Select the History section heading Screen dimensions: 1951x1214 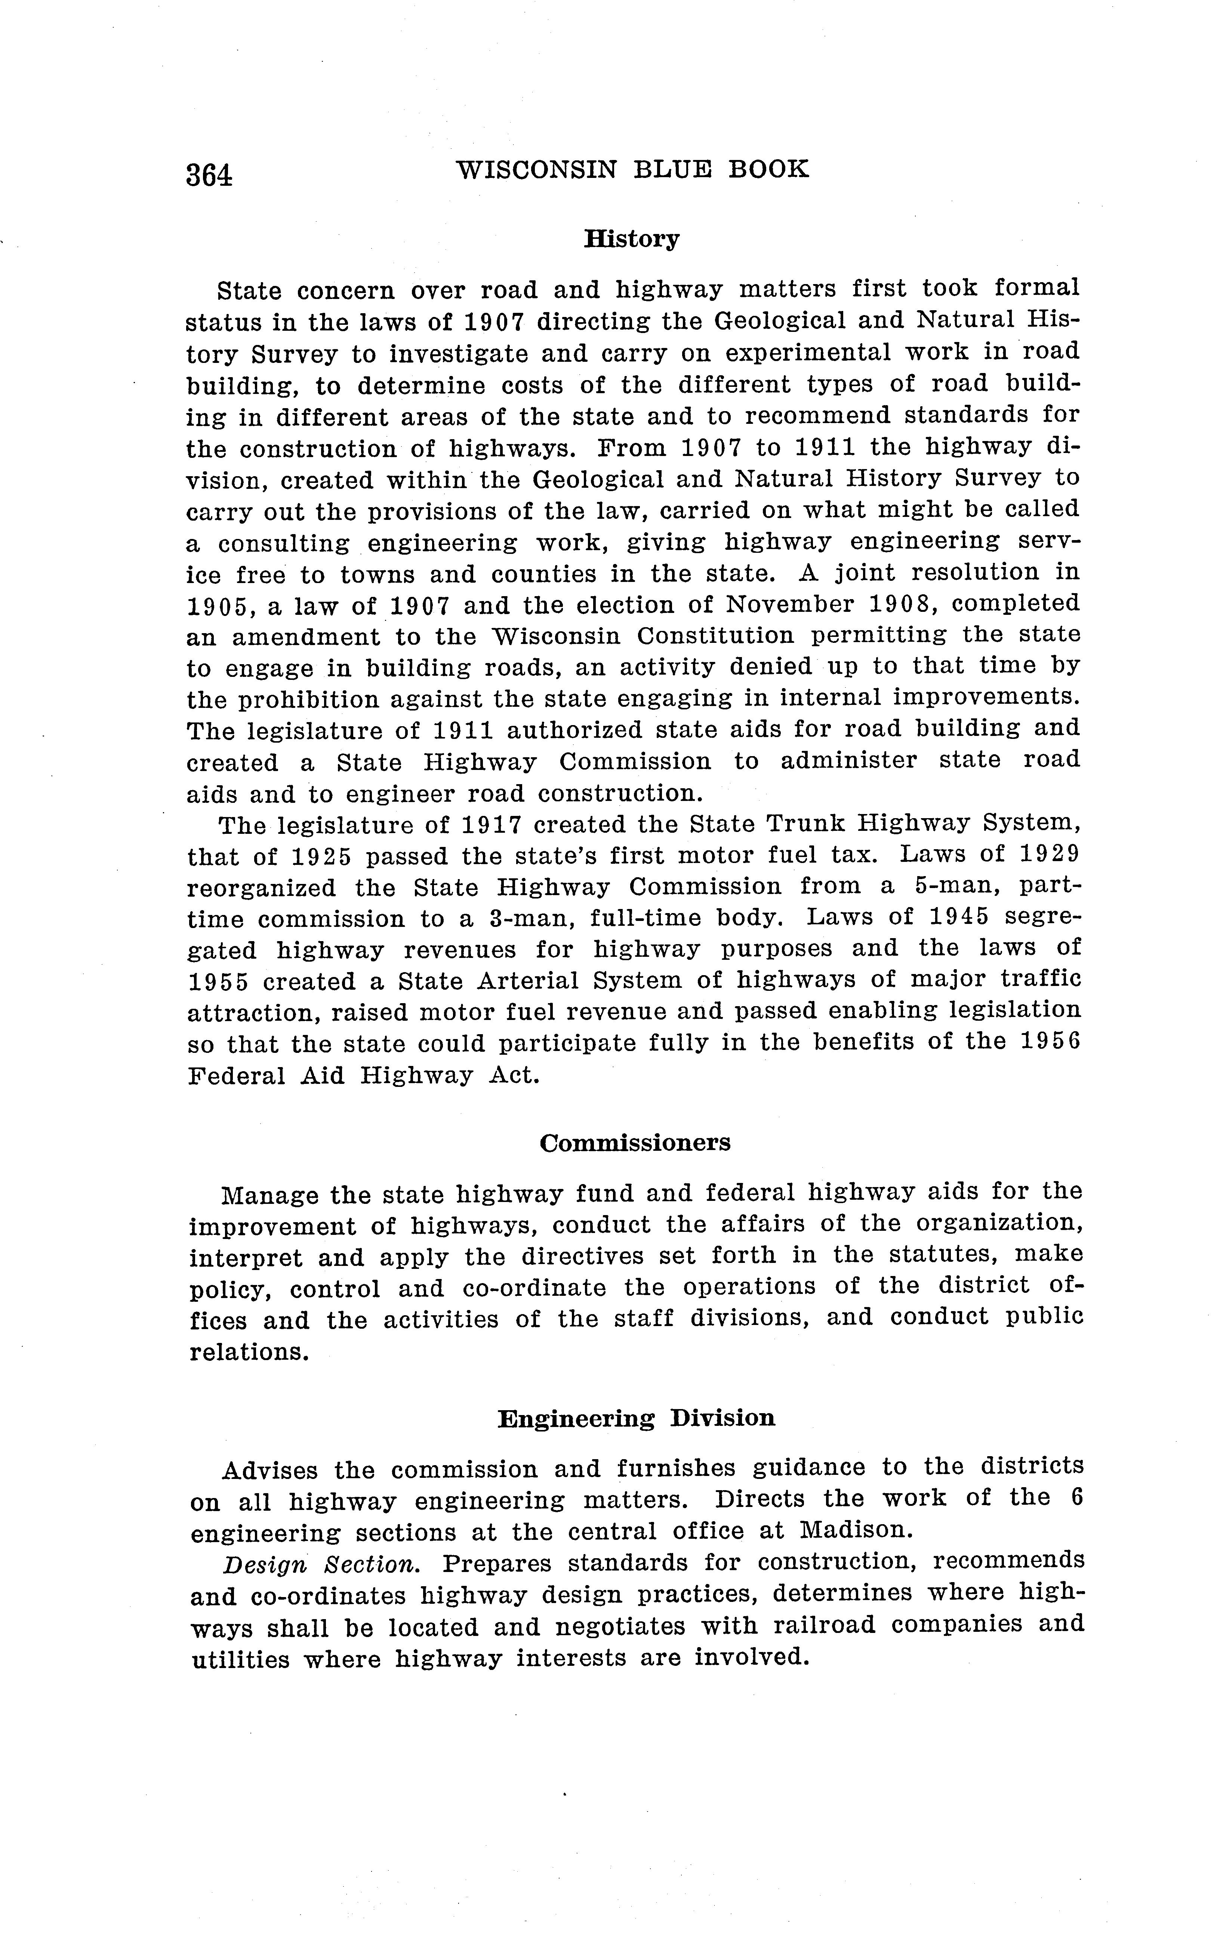pyautogui.click(x=631, y=239)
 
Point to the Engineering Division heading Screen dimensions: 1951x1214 pyautogui.click(x=636, y=1419)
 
